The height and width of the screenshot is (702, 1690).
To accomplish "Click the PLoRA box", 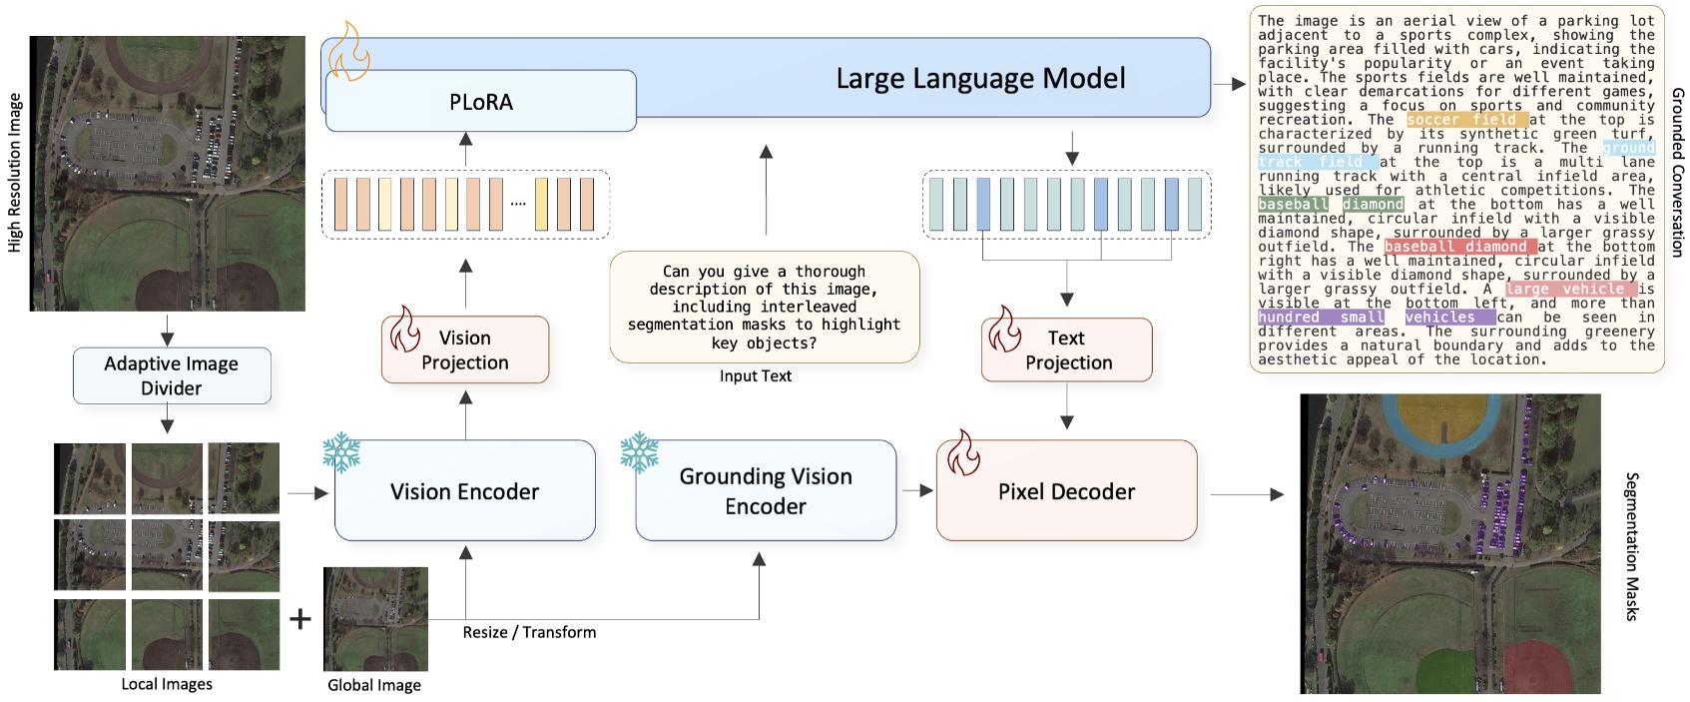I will [x=480, y=102].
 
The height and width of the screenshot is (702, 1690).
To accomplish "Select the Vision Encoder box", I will [x=464, y=491].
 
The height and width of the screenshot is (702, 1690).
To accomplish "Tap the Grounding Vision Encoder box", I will [x=766, y=491].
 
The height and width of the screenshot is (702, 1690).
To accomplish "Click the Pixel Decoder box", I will [x=1066, y=491].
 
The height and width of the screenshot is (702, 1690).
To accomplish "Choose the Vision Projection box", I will [x=465, y=351].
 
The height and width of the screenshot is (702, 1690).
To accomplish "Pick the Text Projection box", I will [x=1067, y=351].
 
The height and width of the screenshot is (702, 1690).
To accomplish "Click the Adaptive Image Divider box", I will [x=171, y=375].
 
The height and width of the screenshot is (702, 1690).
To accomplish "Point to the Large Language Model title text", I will [x=980, y=79].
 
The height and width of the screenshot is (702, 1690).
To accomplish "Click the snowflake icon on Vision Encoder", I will [x=341, y=452].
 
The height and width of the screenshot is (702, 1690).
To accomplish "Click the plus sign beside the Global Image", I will [x=300, y=619].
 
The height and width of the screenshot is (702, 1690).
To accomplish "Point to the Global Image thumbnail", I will [x=375, y=619].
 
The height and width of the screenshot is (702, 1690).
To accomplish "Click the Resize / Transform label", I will [x=529, y=632].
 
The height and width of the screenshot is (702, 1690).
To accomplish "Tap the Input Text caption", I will [x=755, y=376].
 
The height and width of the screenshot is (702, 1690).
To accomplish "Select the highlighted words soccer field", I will [x=1466, y=120].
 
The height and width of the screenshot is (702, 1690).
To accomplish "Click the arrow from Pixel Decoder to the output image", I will [x=1248, y=494].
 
